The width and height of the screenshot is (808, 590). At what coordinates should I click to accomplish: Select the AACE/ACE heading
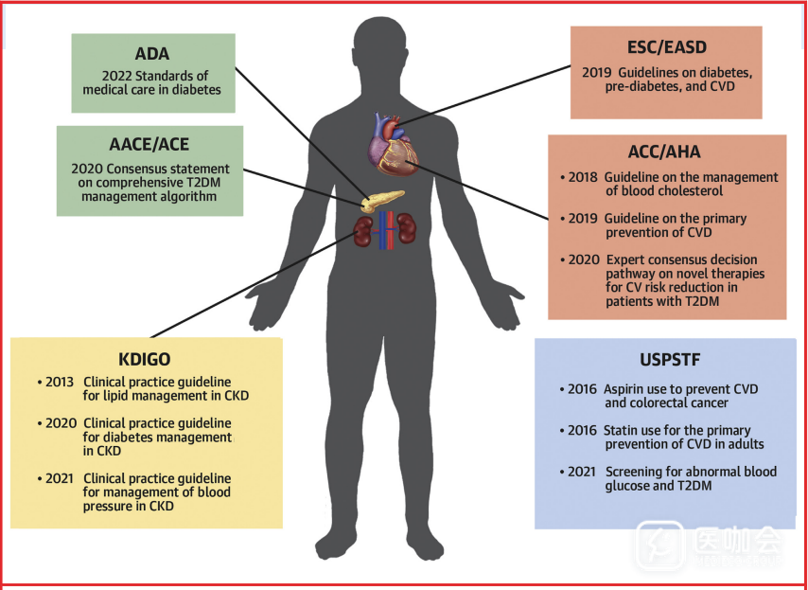pyautogui.click(x=149, y=144)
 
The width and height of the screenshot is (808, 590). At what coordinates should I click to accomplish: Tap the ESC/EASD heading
pyautogui.click(x=666, y=47)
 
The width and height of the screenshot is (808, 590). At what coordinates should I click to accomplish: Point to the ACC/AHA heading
pyautogui.click(x=666, y=152)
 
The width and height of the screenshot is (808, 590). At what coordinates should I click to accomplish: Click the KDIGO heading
pyautogui.click(x=146, y=361)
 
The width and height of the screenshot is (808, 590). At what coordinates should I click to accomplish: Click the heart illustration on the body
pyautogui.click(x=393, y=148)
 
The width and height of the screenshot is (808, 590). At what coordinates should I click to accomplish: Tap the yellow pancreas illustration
pyautogui.click(x=383, y=202)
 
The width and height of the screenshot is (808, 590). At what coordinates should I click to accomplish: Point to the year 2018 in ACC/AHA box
pyautogui.click(x=582, y=177)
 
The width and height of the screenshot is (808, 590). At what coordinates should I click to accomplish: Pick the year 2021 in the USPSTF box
pyautogui.click(x=582, y=472)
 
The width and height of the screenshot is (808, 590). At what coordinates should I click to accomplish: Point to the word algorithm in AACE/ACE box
pyautogui.click(x=183, y=196)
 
